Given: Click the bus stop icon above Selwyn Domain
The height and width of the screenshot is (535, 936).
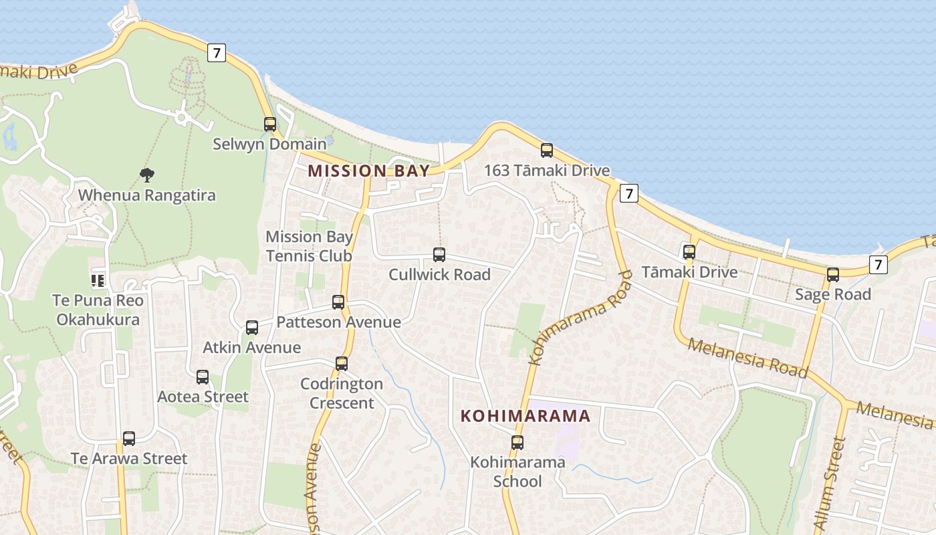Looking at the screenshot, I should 270,124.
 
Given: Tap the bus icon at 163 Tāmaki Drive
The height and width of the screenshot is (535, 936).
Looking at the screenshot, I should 547,150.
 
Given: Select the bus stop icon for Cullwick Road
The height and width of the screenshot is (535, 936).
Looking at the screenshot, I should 439,254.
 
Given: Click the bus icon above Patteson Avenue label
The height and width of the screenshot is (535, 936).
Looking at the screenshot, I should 338,302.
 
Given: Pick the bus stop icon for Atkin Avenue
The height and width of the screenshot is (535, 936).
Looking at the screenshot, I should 252,327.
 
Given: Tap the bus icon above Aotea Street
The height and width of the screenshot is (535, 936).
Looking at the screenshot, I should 203,377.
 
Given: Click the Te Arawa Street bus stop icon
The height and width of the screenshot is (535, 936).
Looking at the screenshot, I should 129,439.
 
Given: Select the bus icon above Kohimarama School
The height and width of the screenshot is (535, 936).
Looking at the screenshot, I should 517,442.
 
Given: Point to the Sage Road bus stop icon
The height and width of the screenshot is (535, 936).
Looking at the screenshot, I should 833,274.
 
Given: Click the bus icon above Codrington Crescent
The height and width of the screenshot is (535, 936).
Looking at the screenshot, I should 342,363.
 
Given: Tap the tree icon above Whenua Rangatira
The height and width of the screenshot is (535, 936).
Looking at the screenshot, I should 147,175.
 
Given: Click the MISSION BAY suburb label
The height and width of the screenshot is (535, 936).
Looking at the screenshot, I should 369,171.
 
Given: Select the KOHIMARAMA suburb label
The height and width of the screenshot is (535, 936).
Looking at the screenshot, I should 525,416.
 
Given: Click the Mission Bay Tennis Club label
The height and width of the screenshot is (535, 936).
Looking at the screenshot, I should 309,246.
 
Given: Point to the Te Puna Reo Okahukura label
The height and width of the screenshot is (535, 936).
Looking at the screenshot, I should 98,310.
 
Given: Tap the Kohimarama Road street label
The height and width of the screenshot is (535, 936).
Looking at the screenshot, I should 580,318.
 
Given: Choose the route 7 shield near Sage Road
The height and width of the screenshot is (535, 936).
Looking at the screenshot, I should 879,264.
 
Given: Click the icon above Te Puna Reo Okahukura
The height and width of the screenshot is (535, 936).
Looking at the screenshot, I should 98,280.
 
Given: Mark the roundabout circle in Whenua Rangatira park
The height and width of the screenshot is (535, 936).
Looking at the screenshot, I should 181,118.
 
